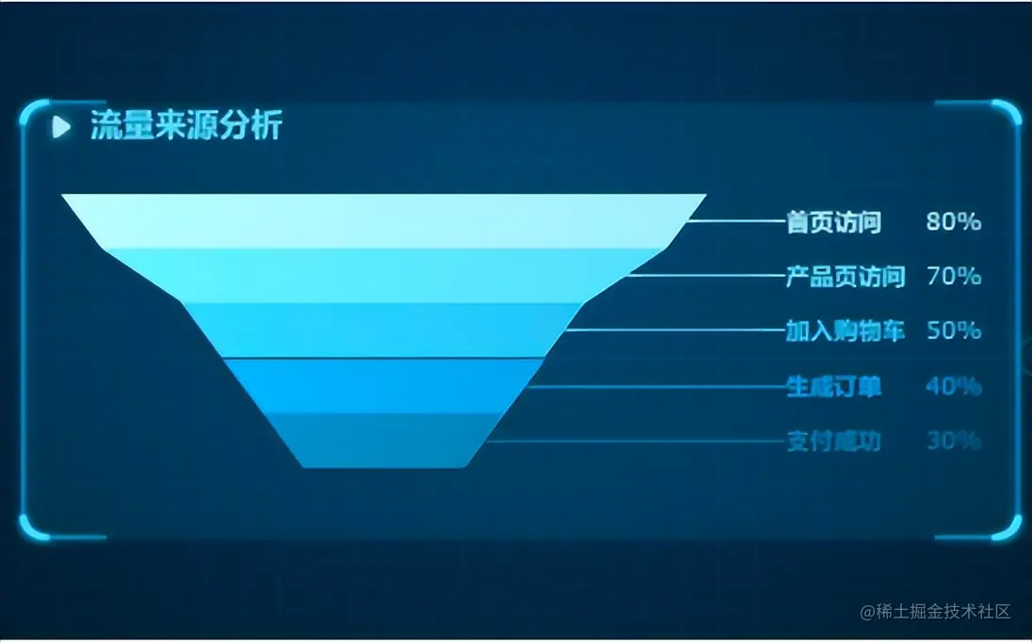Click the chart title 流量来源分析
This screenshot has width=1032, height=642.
[185, 126]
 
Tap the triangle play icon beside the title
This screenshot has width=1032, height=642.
[61, 126]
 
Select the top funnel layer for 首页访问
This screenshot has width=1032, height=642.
[383, 221]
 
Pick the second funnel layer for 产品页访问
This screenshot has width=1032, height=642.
[383, 276]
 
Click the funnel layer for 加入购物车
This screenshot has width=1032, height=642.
[383, 330]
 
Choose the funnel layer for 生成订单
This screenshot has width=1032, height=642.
[383, 386]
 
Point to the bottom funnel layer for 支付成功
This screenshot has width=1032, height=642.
[383, 440]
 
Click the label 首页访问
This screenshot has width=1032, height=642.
[833, 222]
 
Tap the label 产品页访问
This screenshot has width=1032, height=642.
[845, 277]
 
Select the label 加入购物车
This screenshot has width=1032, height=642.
[845, 331]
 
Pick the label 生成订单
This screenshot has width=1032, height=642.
[833, 386]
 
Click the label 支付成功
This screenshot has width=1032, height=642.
[833, 441]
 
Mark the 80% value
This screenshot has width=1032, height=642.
[954, 222]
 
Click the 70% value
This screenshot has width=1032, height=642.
[954, 277]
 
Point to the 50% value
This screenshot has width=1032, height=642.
[954, 331]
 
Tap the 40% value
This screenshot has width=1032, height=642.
[954, 386]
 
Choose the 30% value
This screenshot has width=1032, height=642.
[954, 441]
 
